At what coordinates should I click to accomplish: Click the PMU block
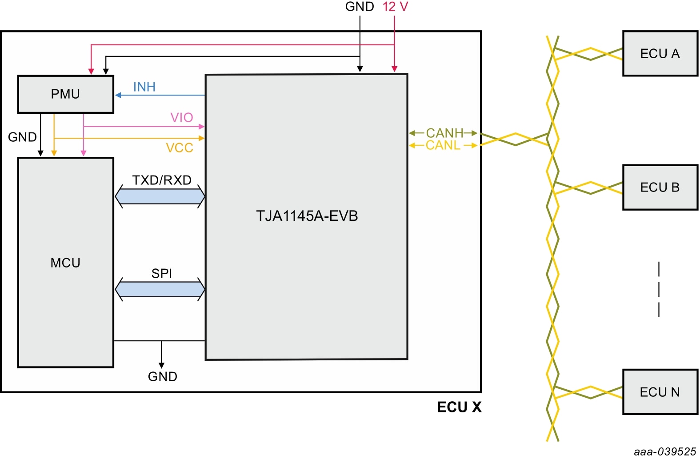point(65,94)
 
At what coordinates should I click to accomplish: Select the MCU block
point(65,263)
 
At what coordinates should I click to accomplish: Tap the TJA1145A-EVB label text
point(307,216)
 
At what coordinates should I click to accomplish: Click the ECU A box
point(660,54)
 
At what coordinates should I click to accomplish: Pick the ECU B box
point(660,188)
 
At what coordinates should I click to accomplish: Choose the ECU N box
point(660,392)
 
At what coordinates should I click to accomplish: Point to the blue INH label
point(144,87)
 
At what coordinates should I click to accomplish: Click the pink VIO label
point(182,118)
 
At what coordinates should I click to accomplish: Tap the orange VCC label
point(180,148)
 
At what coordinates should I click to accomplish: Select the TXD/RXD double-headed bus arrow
point(160,196)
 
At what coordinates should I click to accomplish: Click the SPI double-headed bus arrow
point(160,290)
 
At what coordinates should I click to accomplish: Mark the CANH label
point(444,133)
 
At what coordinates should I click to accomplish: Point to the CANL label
point(443,145)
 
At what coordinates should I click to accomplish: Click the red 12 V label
point(395,7)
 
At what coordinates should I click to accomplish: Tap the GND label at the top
point(360,7)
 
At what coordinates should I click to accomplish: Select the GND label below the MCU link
point(162,377)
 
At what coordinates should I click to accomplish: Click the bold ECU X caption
point(459,407)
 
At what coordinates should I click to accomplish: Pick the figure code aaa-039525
point(664,451)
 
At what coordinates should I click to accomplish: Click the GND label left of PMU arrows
point(22,137)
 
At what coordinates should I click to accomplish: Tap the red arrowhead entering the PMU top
point(91,72)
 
